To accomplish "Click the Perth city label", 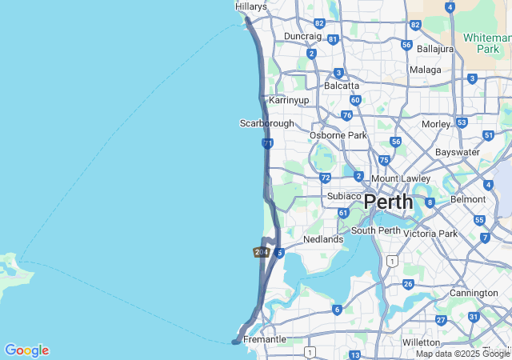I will click(389, 201).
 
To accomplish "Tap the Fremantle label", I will click(264, 339).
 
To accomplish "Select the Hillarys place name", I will click(250, 6).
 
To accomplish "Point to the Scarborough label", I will click(266, 123).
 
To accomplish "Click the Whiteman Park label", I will click(482, 43).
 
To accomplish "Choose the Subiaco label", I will click(345, 196).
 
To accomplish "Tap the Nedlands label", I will click(323, 239).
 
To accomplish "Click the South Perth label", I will click(375, 231).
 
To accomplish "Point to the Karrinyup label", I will click(289, 100).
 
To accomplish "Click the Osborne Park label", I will click(338, 135).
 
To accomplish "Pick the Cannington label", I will click(474, 293).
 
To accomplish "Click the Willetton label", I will click(422, 342).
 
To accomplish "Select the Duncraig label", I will click(302, 36).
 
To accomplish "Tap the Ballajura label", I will click(434, 49).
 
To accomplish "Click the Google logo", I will click(26, 350).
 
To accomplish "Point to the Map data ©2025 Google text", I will click(462, 354).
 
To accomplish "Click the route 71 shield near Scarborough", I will click(267, 143).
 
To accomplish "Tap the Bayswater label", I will click(457, 152).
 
